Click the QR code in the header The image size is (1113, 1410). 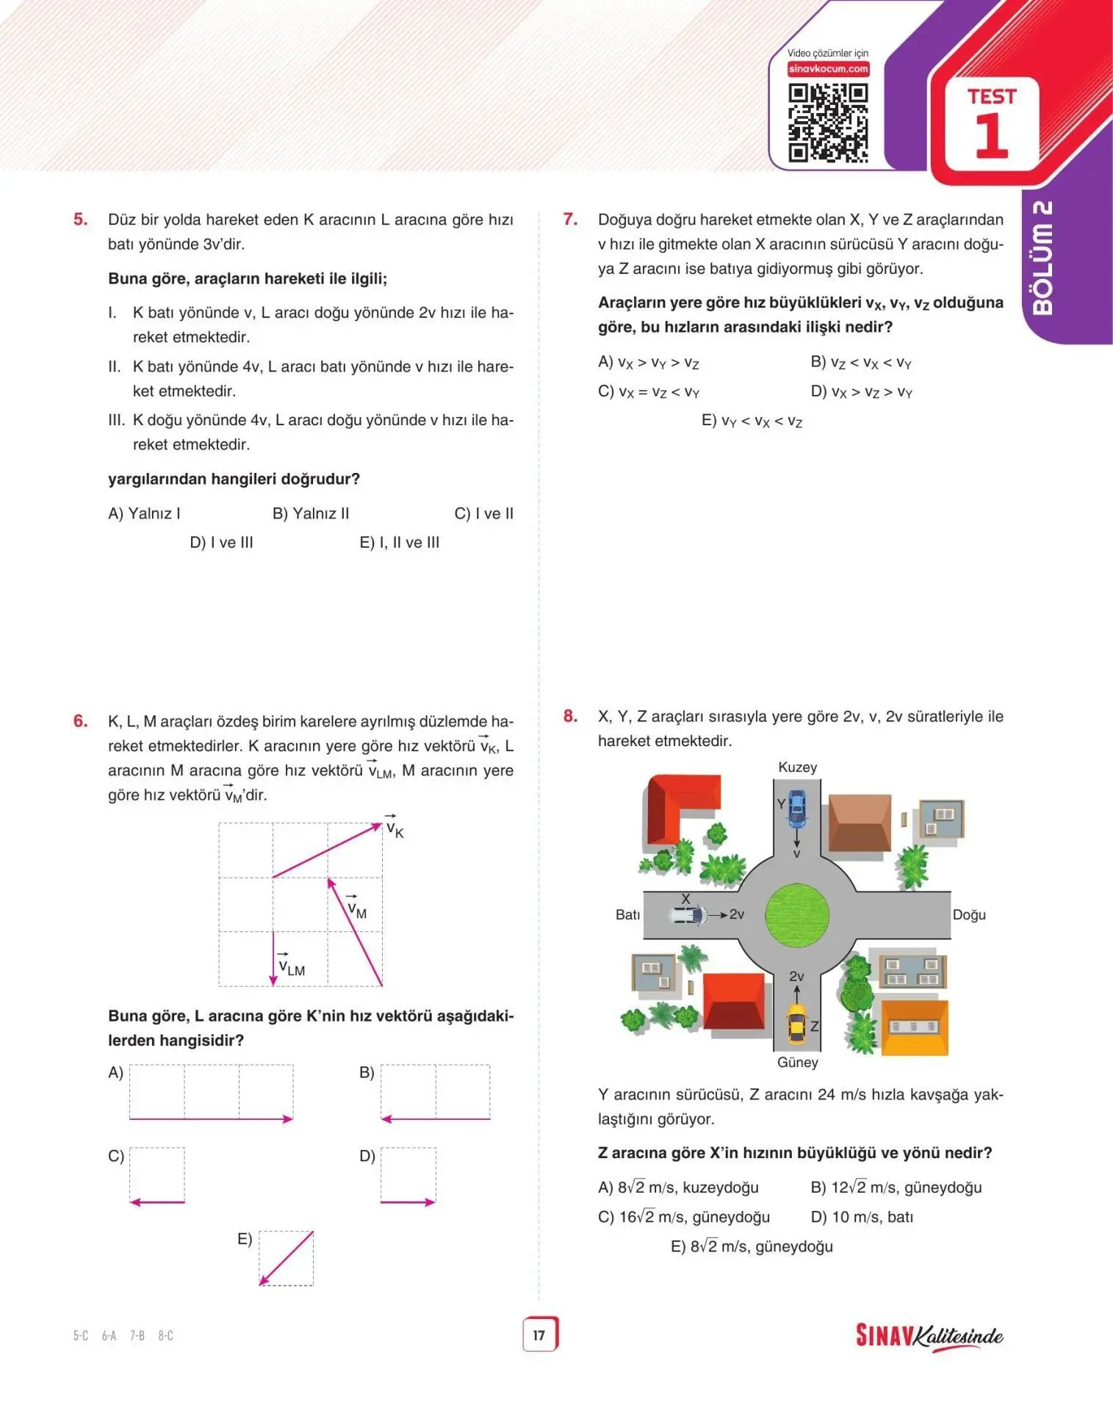pos(828,123)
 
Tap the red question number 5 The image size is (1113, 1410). pos(80,219)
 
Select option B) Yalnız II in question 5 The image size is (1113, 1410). pos(311,513)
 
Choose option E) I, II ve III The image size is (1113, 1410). pos(399,542)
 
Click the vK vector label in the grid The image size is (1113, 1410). pos(395,829)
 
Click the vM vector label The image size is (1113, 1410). pos(356,909)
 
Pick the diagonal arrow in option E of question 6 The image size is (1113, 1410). pos(287,1258)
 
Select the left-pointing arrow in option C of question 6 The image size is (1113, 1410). pos(156,1202)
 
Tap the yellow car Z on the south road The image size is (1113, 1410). pos(796,1023)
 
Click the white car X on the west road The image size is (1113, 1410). pos(689,915)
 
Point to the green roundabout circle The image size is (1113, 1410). pos(797,915)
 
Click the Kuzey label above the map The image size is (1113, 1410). pos(797,767)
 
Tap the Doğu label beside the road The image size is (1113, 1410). pos(969,915)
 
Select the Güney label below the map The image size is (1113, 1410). pos(797,1063)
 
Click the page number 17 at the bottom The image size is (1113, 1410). pos(539,1334)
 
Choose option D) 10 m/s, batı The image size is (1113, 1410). pos(862,1217)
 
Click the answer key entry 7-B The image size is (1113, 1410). pos(137,1335)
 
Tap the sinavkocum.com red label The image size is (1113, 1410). pos(828,69)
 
